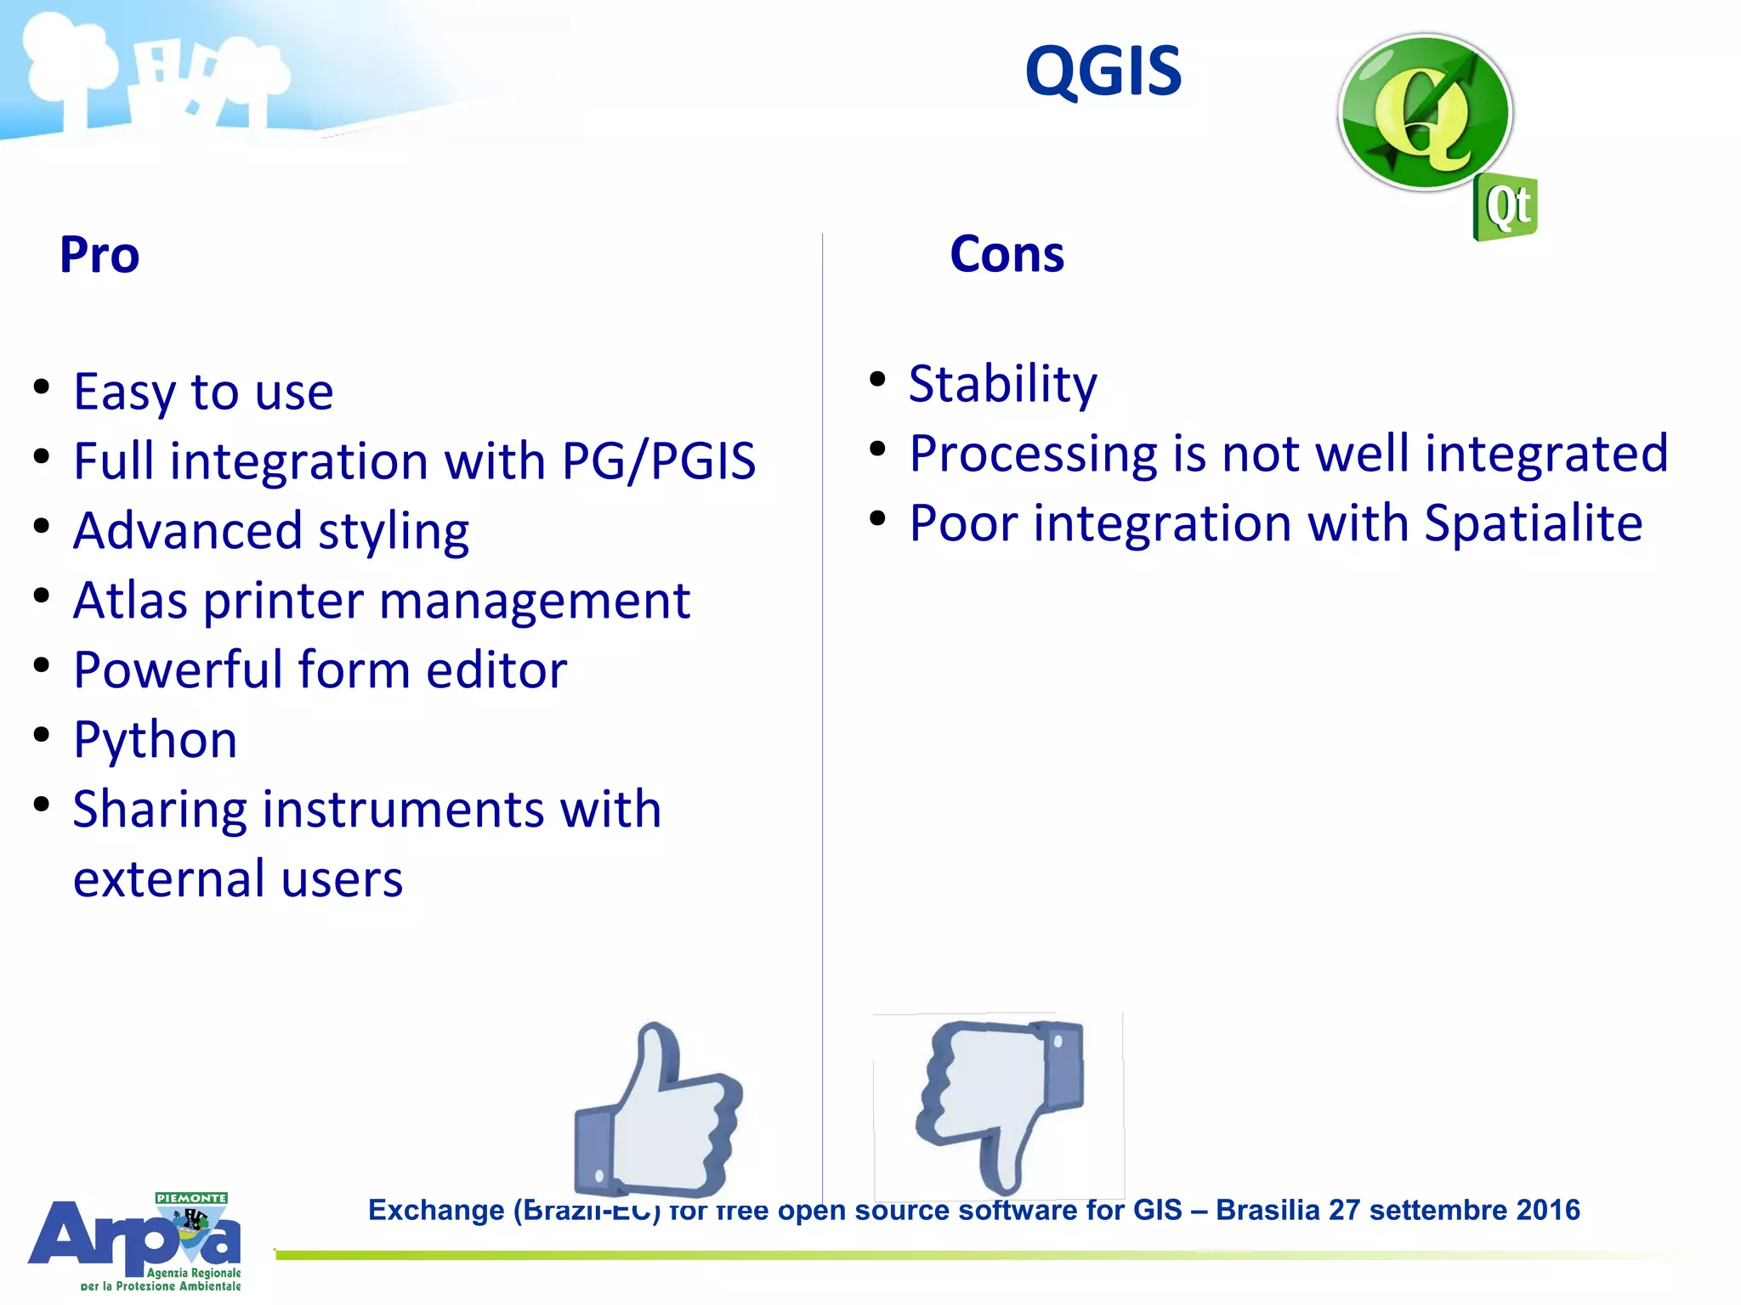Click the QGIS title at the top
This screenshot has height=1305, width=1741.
tap(1103, 71)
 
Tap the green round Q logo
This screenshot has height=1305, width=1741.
tap(1425, 113)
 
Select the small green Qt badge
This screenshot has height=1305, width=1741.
tap(1506, 206)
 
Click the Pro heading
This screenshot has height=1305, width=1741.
tap(99, 255)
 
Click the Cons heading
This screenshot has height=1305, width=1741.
tap(1007, 254)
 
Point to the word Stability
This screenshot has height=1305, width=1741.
tap(1002, 384)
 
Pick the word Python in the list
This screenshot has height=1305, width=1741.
tap(155, 739)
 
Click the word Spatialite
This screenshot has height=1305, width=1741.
tap(1533, 523)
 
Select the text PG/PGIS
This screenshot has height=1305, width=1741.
tap(659, 461)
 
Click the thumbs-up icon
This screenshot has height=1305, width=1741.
tap(660, 1109)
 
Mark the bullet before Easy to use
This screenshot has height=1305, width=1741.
tap(41, 387)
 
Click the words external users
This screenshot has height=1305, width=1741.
tap(237, 879)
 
